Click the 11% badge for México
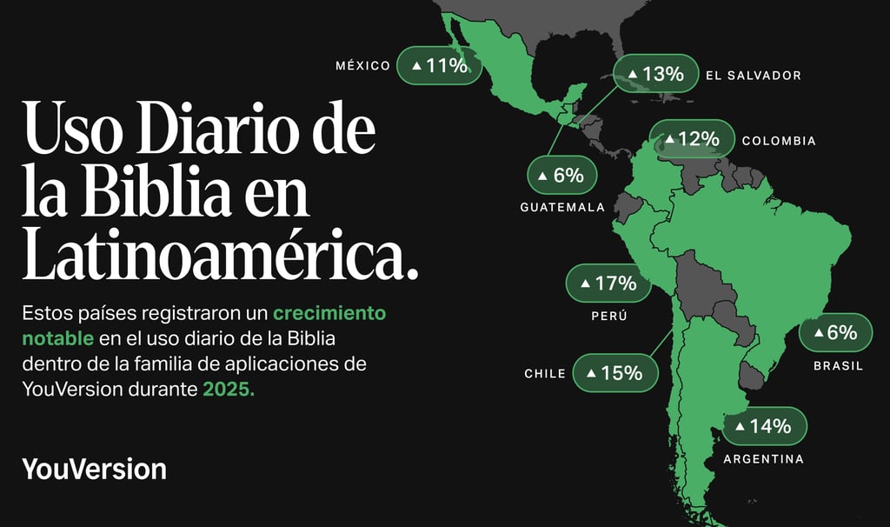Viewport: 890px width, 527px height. (x=439, y=65)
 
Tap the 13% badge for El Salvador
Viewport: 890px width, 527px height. (x=656, y=75)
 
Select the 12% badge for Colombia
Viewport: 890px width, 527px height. (x=691, y=139)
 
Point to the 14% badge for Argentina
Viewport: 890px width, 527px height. (x=765, y=426)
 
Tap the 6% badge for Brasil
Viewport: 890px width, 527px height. (x=834, y=333)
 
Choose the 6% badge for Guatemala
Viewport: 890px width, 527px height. (x=561, y=176)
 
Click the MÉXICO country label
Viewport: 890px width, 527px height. (x=363, y=66)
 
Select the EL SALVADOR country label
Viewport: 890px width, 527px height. (x=753, y=76)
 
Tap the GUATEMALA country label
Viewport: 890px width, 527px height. (x=562, y=208)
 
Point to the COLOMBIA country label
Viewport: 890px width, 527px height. (x=779, y=141)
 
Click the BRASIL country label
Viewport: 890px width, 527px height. (x=838, y=366)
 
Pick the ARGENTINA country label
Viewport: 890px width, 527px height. (x=764, y=459)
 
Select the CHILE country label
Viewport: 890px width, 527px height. (x=545, y=374)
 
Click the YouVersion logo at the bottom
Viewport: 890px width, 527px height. (x=94, y=469)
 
